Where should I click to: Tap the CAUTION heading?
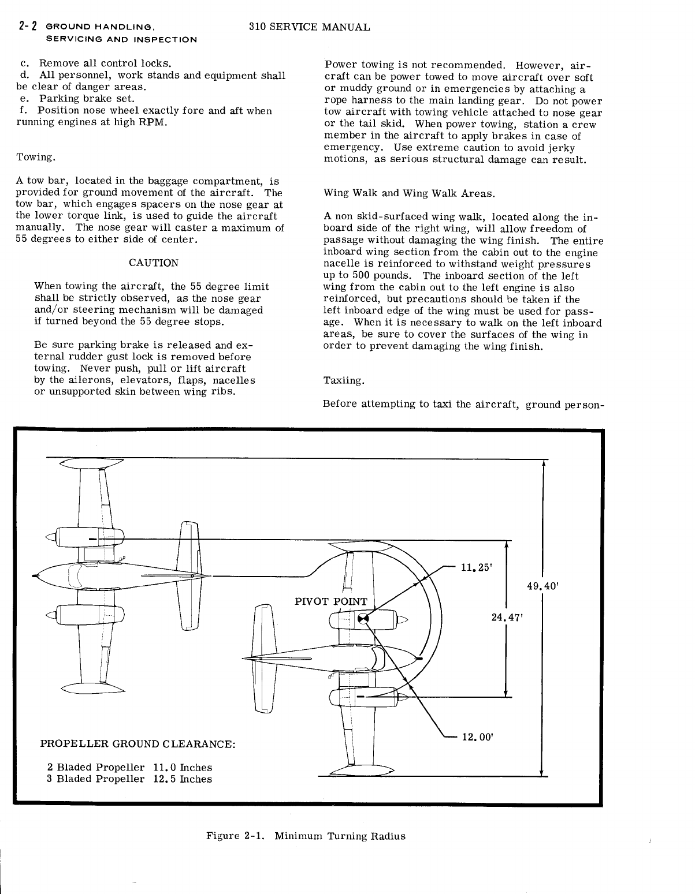(153, 263)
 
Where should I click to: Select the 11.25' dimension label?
(476, 567)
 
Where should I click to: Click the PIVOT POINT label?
(330, 601)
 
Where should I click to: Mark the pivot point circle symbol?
(363, 619)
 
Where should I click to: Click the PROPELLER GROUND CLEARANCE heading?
(137, 743)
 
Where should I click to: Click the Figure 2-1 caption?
(306, 836)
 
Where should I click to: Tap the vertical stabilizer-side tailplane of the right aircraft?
(263, 658)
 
